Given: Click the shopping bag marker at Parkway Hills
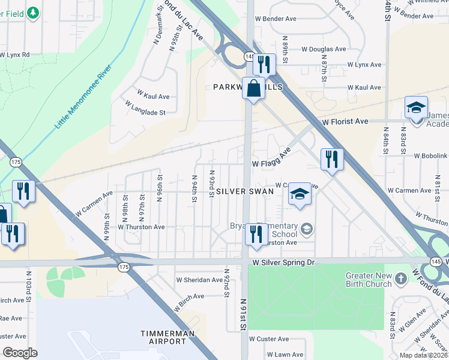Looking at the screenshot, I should (254, 88).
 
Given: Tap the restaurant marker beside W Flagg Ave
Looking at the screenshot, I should (332, 160).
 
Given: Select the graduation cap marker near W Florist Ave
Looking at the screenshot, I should (416, 108).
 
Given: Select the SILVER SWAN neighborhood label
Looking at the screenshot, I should (245, 191).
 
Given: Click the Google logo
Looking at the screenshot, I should (20, 353).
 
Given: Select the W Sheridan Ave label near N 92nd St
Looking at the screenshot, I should (199, 280).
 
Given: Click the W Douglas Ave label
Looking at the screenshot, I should (324, 49).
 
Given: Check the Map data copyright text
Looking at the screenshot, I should (423, 355).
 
